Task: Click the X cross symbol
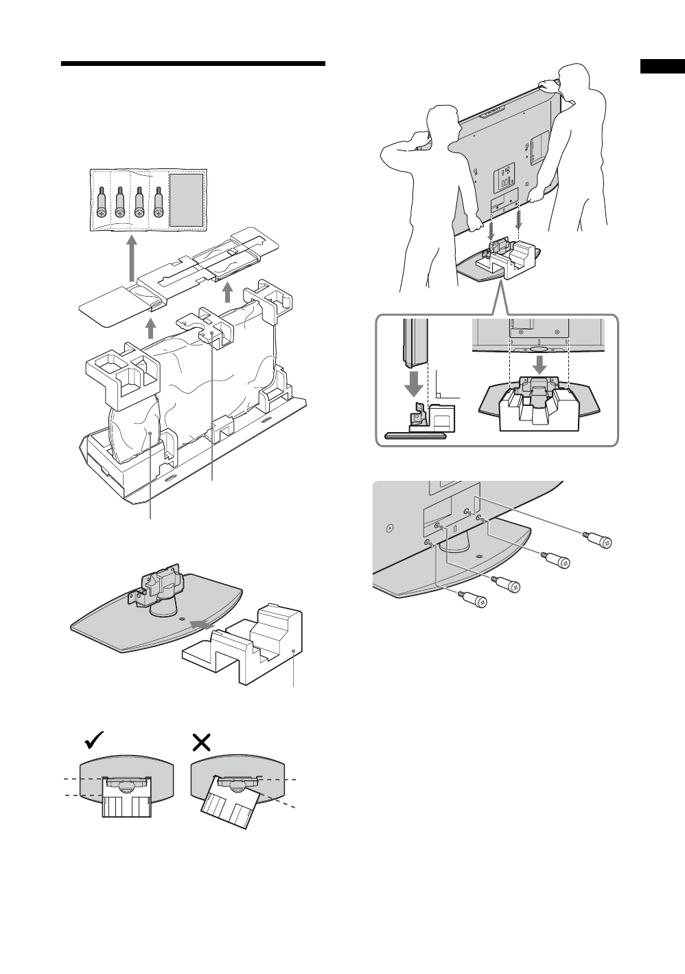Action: (x=201, y=741)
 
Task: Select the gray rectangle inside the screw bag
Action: (x=186, y=200)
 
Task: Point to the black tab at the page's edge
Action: (x=662, y=67)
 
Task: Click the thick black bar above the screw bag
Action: (x=193, y=64)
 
